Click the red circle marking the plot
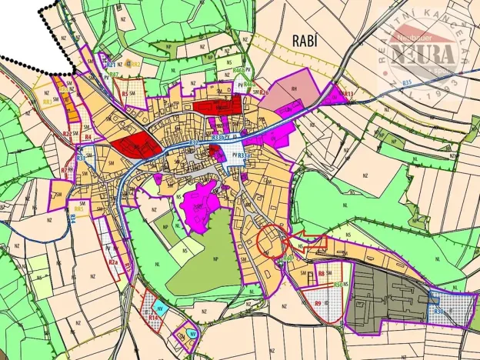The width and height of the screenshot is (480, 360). pos(272,242)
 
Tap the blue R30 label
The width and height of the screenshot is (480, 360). pos(440,311)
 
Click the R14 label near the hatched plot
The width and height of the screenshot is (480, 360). pos(154,317)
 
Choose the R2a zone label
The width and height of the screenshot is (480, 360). pos(113,262)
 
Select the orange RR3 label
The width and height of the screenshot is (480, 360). pos(47,101)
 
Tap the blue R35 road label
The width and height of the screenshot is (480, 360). pos(407,82)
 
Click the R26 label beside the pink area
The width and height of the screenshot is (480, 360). pos(264,92)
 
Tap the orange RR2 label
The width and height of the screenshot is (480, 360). pos(135,65)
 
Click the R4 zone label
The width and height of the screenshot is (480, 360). pos(88,138)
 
